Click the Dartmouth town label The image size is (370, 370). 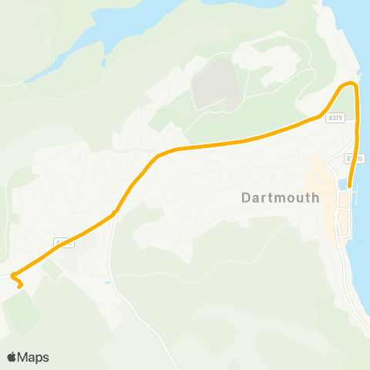coord(280,197)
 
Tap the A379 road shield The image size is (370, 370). coord(334,118)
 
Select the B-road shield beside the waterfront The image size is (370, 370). coord(355,158)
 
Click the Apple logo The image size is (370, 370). coord(12,357)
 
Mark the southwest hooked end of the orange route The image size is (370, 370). coord(19,287)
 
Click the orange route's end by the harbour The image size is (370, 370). coord(350,186)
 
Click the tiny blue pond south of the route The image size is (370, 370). coord(109,283)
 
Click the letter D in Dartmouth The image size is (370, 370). coord(246,197)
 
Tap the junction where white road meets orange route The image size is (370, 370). coord(114,214)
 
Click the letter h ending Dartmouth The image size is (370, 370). coord(314,197)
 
